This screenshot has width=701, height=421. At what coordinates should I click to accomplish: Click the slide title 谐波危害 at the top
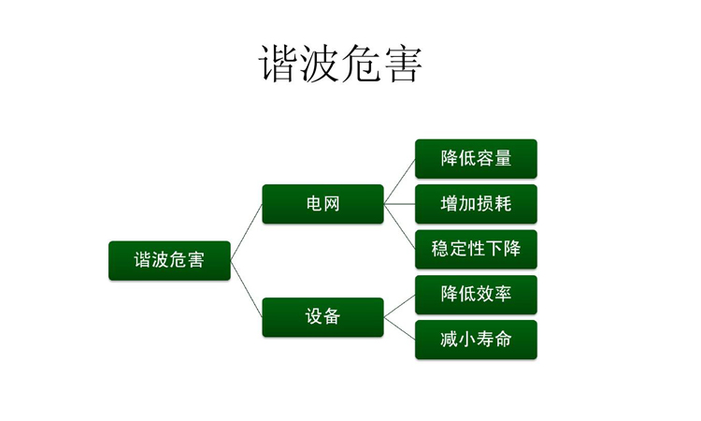[340, 65]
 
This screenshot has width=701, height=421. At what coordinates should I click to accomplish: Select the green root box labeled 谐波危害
[169, 260]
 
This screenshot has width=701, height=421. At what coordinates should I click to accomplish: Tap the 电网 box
[322, 204]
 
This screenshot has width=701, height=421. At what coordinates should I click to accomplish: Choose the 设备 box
[322, 317]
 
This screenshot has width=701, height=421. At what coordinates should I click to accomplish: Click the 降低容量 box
[476, 158]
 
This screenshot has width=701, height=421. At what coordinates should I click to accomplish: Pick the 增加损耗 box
[476, 204]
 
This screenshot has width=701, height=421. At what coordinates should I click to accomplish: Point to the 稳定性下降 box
[476, 249]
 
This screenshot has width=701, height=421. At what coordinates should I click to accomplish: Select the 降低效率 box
[476, 295]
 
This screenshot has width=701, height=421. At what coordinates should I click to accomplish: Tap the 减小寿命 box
[476, 340]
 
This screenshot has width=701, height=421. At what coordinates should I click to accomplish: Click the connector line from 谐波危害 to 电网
[247, 232]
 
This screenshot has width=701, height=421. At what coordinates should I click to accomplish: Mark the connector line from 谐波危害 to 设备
[247, 289]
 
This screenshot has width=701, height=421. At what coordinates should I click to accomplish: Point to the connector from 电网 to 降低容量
[400, 181]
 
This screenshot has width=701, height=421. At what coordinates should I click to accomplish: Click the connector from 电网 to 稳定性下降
[400, 226]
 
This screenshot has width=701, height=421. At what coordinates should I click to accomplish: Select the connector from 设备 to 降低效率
[400, 306]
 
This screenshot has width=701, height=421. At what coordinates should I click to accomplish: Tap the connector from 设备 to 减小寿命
[400, 328]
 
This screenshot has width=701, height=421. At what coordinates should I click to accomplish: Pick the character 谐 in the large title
[279, 65]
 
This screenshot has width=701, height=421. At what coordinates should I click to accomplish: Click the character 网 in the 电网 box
[332, 204]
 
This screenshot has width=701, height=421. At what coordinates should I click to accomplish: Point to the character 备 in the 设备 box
[332, 317]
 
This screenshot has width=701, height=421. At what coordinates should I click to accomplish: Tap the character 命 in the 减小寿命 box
[503, 340]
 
